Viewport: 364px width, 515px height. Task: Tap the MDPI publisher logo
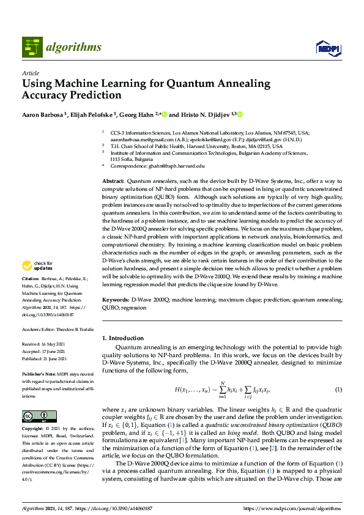(326, 48)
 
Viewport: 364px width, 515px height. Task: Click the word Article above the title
(30, 73)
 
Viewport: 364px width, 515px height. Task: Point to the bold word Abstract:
(113, 182)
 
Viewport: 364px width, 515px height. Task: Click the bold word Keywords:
(116, 300)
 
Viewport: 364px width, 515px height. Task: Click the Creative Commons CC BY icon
(39, 416)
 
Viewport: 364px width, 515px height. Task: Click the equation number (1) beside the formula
(338, 390)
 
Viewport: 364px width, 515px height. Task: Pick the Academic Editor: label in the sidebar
(39, 329)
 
